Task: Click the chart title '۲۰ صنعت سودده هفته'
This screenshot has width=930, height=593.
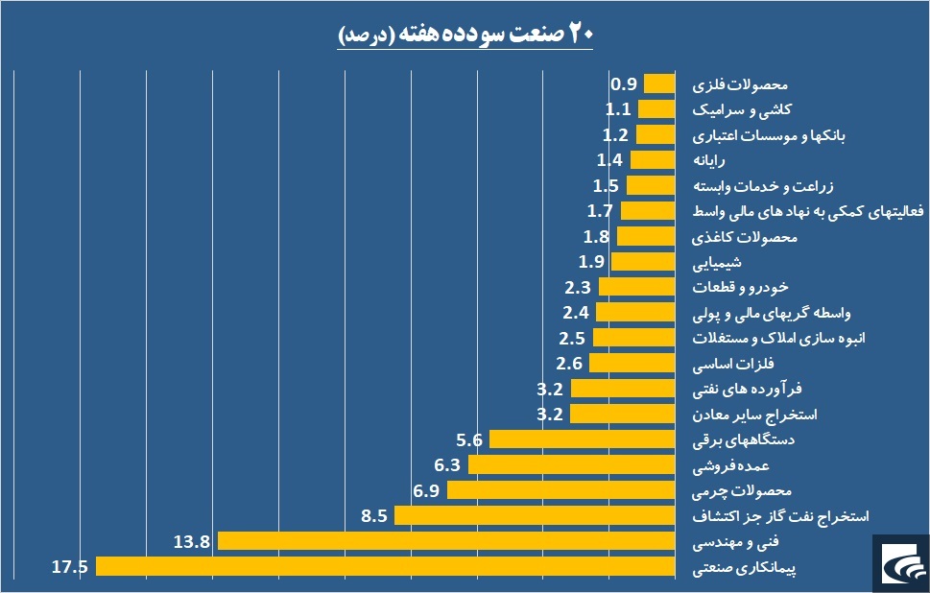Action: point(465,35)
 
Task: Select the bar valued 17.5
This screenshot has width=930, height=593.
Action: point(384,566)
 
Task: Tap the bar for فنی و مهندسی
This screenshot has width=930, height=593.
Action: point(445,541)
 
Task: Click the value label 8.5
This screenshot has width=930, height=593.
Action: point(374,515)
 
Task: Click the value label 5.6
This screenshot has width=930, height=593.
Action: point(469,439)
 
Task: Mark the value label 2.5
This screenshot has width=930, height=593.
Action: point(573,338)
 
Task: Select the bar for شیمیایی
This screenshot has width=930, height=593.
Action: point(641,261)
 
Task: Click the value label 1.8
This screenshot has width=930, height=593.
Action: point(596,236)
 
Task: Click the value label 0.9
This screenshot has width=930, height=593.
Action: point(625,83)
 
